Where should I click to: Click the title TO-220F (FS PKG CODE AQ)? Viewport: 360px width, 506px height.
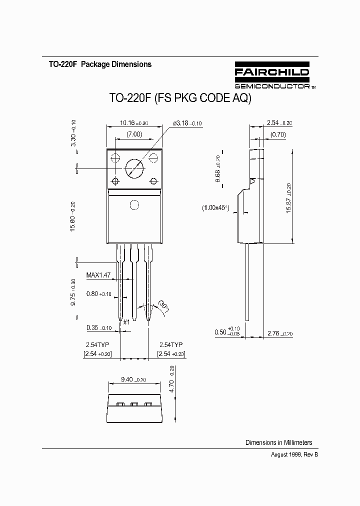(x=180, y=98)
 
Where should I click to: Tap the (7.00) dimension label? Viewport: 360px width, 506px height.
(x=134, y=134)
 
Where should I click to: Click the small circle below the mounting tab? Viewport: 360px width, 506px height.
(x=134, y=204)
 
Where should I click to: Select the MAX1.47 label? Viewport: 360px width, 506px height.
(x=98, y=275)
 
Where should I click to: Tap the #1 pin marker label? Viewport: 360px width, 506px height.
(x=126, y=322)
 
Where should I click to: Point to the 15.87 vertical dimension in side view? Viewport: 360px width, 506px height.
(x=289, y=198)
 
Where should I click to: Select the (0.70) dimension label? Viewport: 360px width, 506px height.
(x=277, y=134)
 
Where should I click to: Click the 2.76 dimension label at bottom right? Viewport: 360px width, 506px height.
(x=279, y=332)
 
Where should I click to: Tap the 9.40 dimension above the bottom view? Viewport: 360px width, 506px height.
(x=133, y=379)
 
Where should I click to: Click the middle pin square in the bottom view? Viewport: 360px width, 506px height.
(x=134, y=404)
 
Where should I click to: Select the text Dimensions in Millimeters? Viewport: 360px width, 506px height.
(x=278, y=442)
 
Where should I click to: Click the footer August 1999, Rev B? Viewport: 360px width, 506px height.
(x=294, y=454)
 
